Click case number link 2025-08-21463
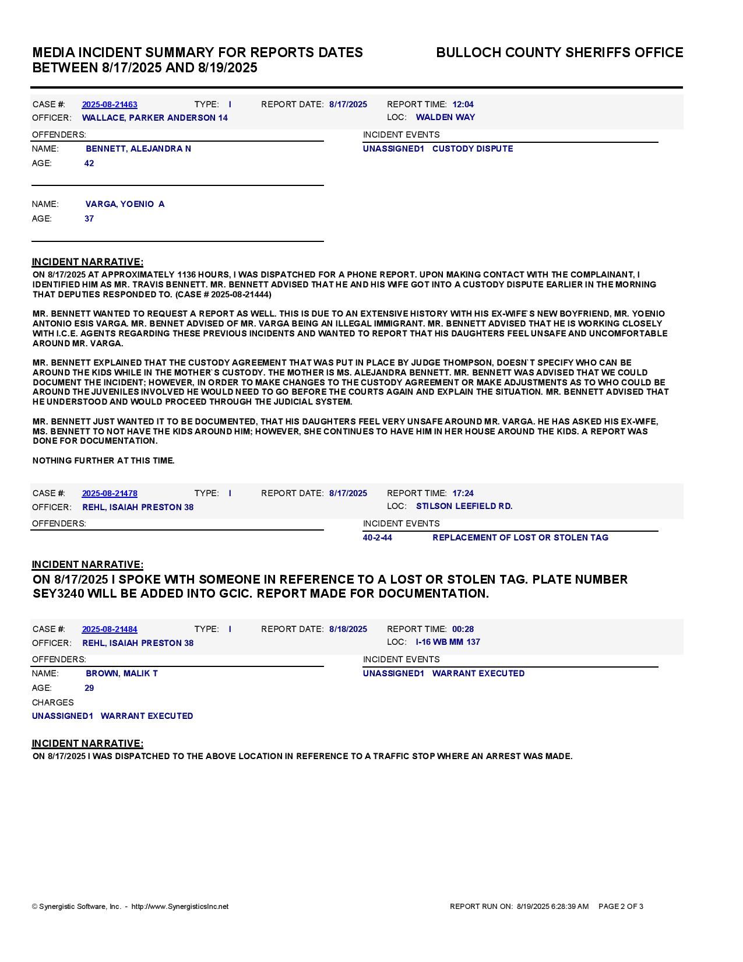click(x=110, y=105)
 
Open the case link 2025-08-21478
click(x=110, y=494)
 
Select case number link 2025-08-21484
click(x=110, y=630)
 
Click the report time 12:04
click(x=463, y=105)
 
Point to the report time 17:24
click(x=463, y=494)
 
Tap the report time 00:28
click(x=463, y=630)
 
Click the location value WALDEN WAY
click(x=445, y=118)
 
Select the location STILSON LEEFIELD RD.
click(x=464, y=507)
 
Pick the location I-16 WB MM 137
click(x=448, y=642)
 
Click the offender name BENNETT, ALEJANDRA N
click(x=138, y=149)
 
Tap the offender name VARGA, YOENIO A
click(x=125, y=205)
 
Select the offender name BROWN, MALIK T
click(x=122, y=674)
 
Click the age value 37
click(x=89, y=219)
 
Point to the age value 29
click(x=89, y=689)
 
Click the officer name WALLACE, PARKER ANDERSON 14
click(x=154, y=118)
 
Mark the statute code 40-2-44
click(x=377, y=538)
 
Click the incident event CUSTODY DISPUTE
click(x=473, y=149)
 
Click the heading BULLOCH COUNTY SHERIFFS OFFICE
click(x=559, y=53)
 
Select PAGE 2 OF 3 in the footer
click(x=621, y=907)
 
